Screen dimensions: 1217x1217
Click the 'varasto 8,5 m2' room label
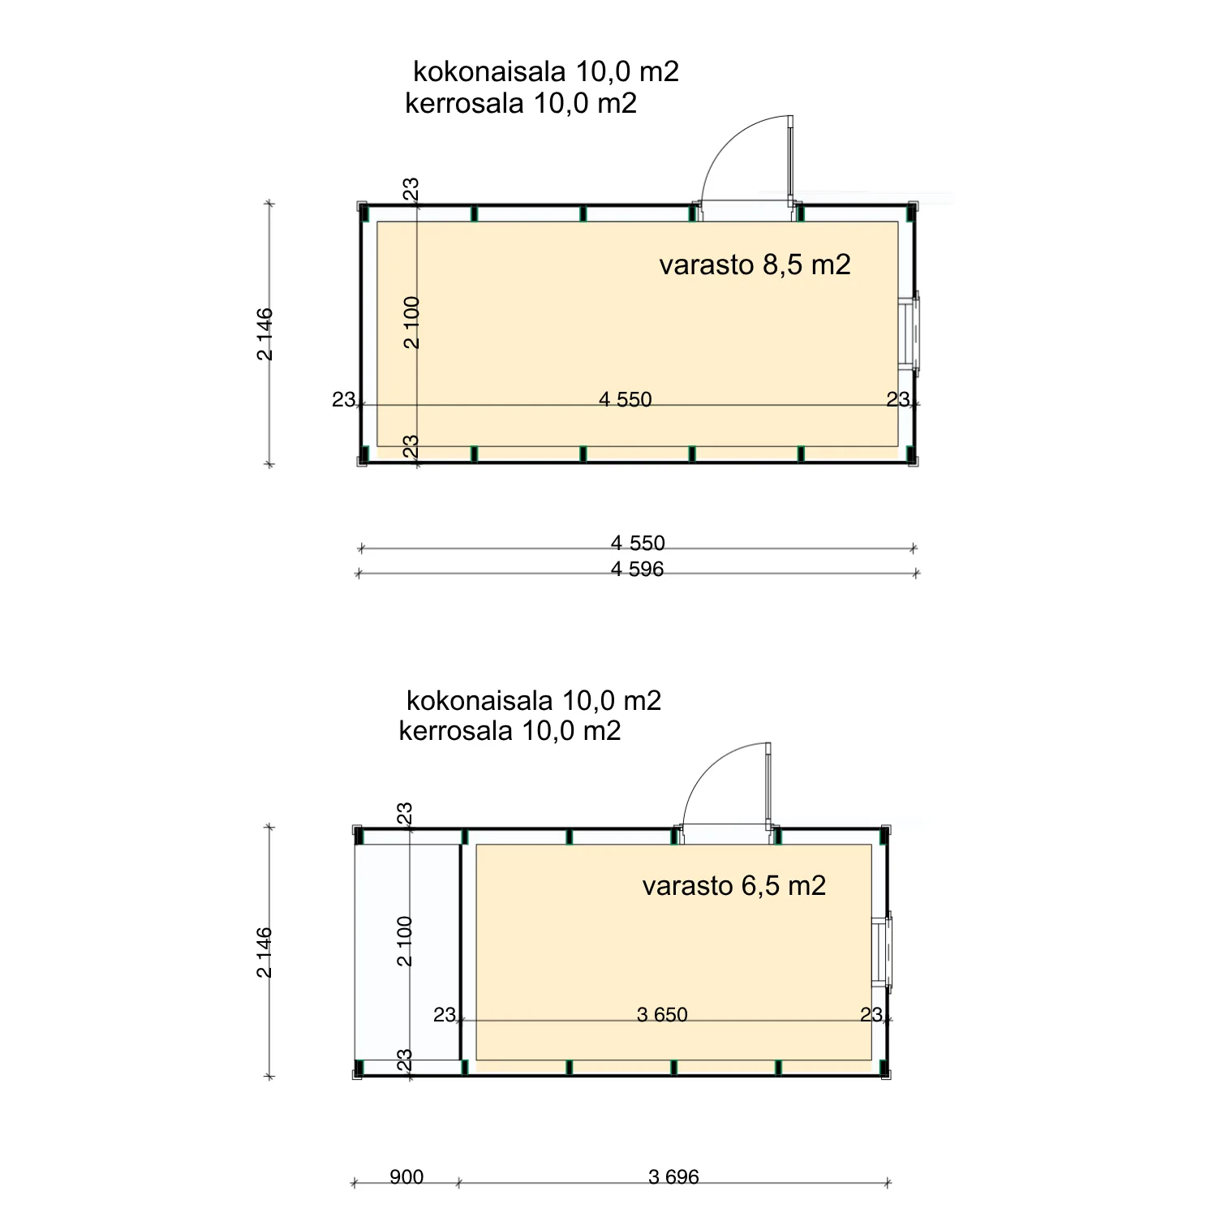[755, 264]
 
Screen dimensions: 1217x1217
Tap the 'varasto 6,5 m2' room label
[734, 885]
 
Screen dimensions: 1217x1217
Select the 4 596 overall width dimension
[637, 570]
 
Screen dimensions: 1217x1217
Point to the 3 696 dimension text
[673, 1177]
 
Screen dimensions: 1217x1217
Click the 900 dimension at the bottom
[406, 1177]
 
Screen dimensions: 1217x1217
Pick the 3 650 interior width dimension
[662, 1015]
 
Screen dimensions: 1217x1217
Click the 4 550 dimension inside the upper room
[625, 399]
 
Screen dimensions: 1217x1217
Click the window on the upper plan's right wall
[912, 333]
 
